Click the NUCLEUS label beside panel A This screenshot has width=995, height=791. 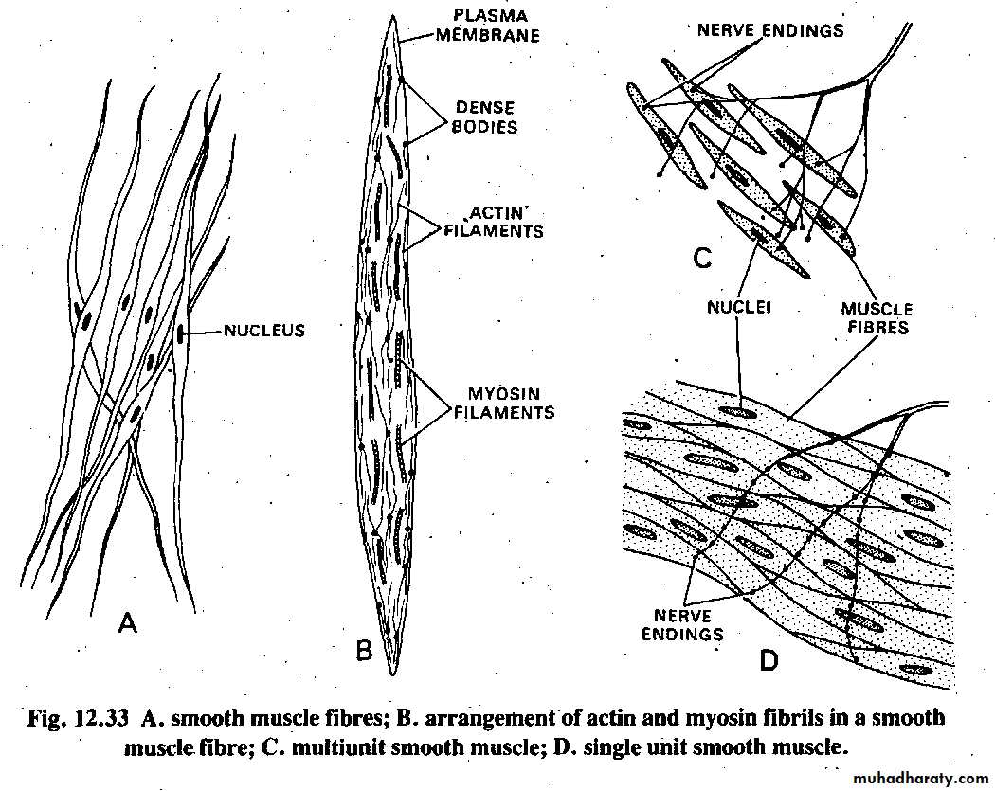263,331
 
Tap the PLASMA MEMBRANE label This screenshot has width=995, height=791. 489,26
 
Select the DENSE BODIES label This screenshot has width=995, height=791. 485,117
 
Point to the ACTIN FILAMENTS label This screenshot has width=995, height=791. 494,222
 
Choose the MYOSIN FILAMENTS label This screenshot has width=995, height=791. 503,403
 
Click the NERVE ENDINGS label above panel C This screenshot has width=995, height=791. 771,30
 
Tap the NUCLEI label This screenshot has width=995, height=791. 738,308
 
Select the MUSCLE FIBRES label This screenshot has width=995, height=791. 877,317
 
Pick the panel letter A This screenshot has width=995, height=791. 128,623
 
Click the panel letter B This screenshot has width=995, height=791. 364,651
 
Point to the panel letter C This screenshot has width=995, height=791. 702,259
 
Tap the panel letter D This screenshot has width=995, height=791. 769,661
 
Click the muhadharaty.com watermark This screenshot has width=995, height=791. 921,779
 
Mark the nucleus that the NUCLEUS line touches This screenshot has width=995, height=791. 182,334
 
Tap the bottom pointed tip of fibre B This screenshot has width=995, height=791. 394,674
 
